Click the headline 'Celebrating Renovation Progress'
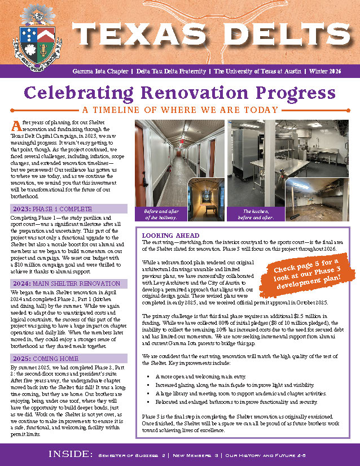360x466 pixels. coord(180,93)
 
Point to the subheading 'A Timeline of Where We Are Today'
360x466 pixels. coord(180,110)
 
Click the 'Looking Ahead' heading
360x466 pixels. coord(170,235)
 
